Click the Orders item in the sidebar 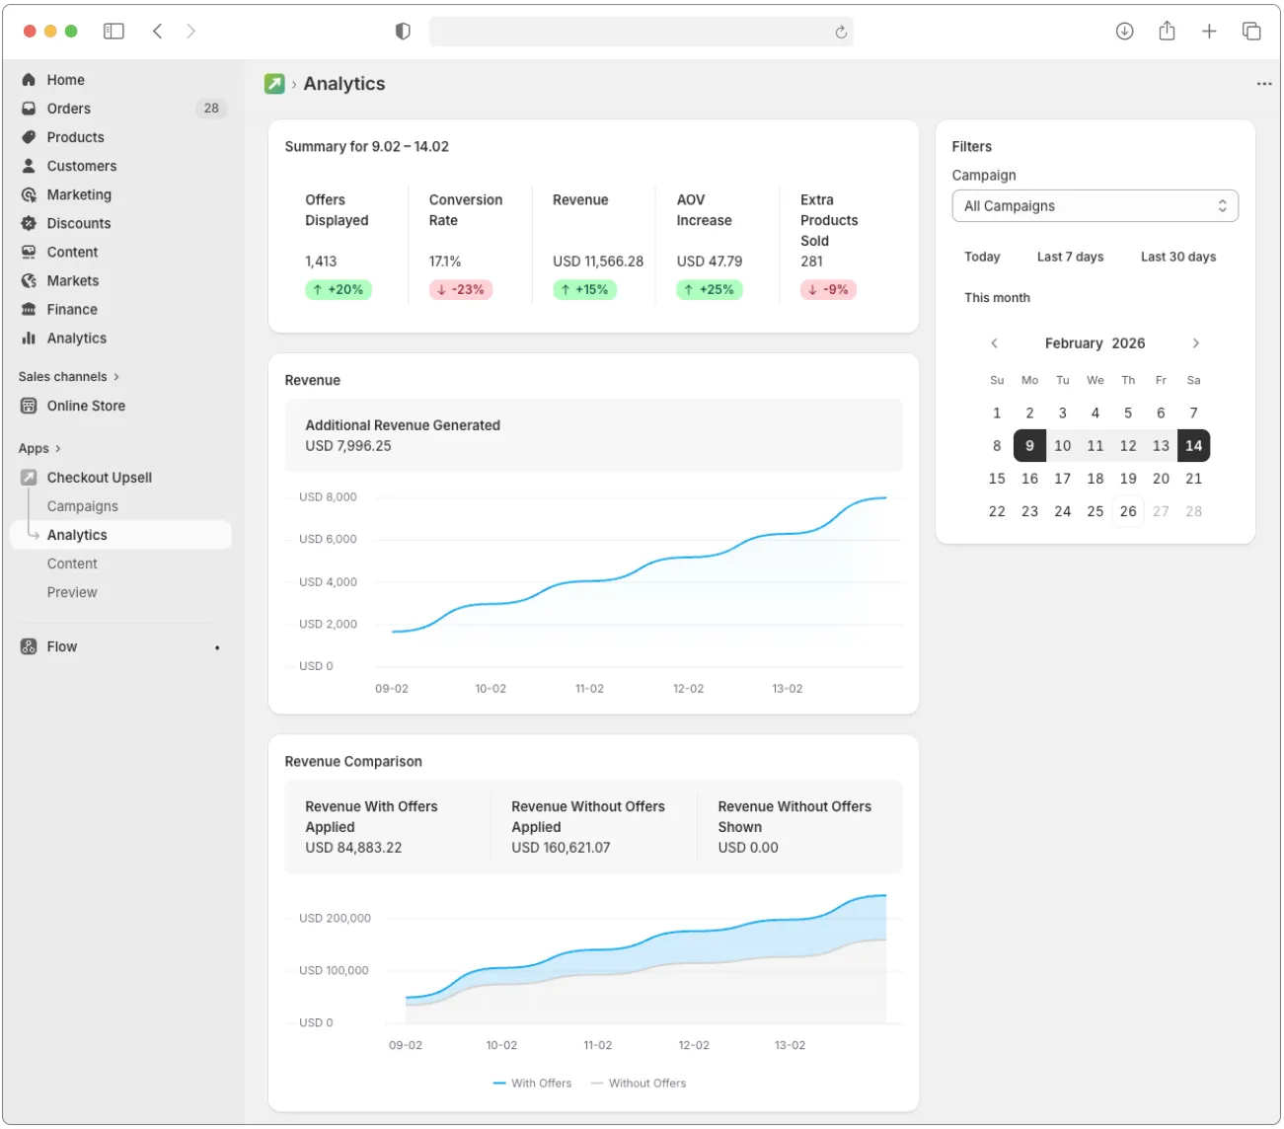pos(68,109)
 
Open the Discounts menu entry pos(78,223)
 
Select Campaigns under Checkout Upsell pos(82,506)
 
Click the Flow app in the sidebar pos(61,646)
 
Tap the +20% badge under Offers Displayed pos(338,290)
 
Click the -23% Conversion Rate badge pos(461,290)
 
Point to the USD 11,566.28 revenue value pos(597,262)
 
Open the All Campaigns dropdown pos(1095,206)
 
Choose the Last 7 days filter pos(1070,257)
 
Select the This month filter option pos(997,297)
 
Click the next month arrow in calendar pos(1195,343)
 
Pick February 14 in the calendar pos(1193,446)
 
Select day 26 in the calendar pos(1128,511)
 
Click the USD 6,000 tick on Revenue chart pos(328,539)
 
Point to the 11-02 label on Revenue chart pos(589,689)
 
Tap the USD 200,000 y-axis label pos(335,918)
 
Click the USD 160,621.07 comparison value pos(561,848)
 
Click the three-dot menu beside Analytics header pos(1263,84)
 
